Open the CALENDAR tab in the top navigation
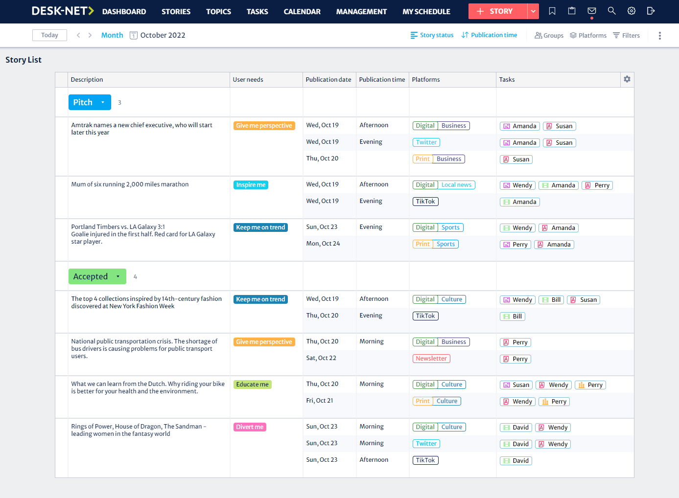[302, 12]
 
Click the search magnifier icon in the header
[611, 11]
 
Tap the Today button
[49, 35]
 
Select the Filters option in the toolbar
[627, 35]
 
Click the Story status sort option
[432, 35]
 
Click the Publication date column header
[328, 80]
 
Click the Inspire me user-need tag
[251, 185]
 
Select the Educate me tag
[252, 385]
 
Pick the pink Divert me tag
[250, 427]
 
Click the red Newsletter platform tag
[431, 359]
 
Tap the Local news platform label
[456, 185]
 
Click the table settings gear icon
[627, 79]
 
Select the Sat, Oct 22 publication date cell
[321, 358]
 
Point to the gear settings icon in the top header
[632, 11]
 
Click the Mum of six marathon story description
[130, 184]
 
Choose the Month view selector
[112, 35]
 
